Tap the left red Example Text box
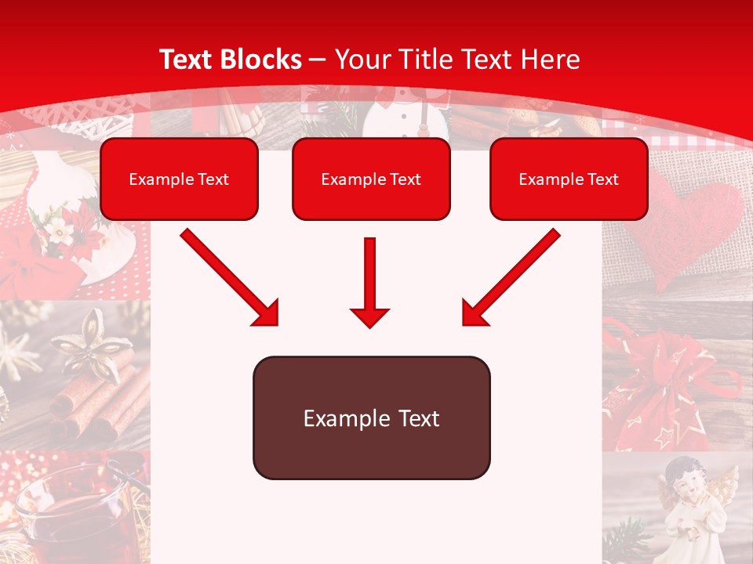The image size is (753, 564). [x=179, y=179]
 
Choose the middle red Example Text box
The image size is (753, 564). [x=371, y=179]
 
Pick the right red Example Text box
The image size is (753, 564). [x=569, y=179]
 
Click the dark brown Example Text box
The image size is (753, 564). [x=371, y=418]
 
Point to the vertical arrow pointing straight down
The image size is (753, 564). [x=369, y=282]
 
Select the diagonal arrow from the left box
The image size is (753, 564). [x=229, y=277]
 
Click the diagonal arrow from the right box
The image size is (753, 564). [x=511, y=277]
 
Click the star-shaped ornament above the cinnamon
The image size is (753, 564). [x=87, y=341]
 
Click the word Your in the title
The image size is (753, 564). [x=362, y=60]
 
